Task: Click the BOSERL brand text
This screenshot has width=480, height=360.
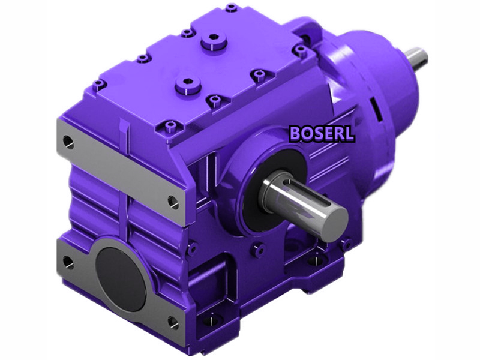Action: click(321, 133)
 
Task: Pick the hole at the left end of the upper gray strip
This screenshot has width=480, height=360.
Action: click(68, 142)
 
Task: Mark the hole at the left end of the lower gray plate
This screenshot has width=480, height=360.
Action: click(68, 262)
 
